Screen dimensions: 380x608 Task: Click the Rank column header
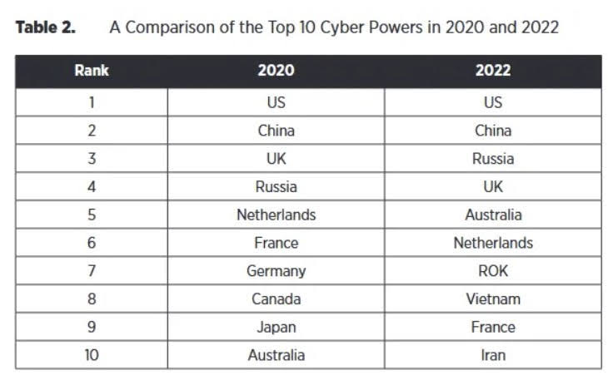point(92,71)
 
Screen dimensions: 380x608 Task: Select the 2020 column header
point(276,71)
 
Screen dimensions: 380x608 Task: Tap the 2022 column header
point(493,71)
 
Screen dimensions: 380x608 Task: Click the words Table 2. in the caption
point(46,27)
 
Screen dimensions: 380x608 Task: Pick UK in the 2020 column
point(276,159)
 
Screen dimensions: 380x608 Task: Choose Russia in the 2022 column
point(493,159)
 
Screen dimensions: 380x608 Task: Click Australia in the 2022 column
point(493,215)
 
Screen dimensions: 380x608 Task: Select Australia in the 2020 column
point(276,355)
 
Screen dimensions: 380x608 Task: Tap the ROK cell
point(493,271)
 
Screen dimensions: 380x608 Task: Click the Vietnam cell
point(493,299)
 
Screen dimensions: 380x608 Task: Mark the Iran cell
point(493,355)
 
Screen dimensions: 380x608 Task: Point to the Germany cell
point(276,271)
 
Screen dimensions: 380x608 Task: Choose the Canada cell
point(276,299)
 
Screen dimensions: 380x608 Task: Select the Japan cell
point(276,327)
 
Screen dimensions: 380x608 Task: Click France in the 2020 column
point(276,243)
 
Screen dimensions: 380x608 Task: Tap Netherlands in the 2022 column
point(493,243)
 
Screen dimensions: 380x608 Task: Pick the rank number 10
point(92,355)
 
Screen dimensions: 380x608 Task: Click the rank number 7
point(92,271)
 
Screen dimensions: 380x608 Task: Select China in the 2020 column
point(276,131)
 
